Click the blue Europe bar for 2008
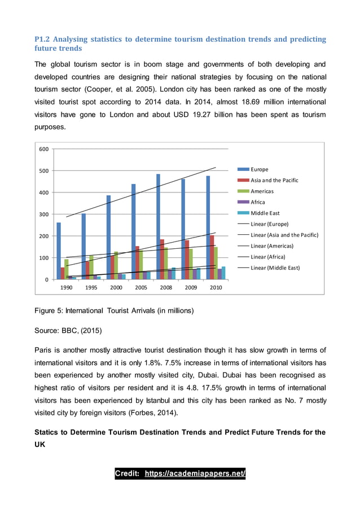coord(158,226)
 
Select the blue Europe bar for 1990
coord(59,251)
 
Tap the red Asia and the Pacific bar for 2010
coord(212,257)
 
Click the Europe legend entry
coord(259,169)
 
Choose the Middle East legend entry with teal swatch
coord(265,213)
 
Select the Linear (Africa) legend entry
coord(269,257)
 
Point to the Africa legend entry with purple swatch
coord(257,202)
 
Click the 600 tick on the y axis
coord(43,149)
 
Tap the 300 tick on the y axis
coord(43,214)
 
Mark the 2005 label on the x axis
coord(141,287)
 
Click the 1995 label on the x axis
coord(91,287)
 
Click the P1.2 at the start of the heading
coord(43,39)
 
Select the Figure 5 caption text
coord(114,310)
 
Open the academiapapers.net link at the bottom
coord(195,473)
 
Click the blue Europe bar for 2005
coord(133,231)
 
